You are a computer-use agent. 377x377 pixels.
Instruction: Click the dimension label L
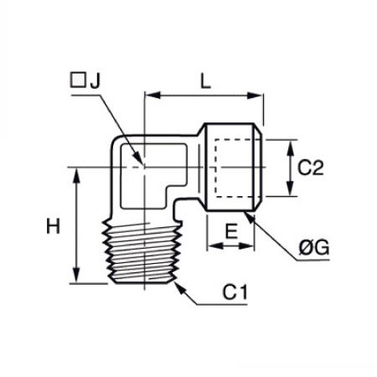click(206, 81)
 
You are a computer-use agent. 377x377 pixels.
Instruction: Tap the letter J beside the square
click(95, 81)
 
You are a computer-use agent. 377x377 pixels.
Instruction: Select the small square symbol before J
click(78, 80)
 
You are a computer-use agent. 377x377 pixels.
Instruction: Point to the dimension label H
click(53, 226)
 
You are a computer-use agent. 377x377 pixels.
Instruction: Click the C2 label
click(310, 168)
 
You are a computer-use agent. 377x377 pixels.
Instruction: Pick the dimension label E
click(231, 231)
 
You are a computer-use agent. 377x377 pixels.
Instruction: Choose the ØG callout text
click(314, 247)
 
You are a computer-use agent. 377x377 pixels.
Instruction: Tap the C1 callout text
click(235, 292)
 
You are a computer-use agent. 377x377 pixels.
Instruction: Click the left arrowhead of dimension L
click(153, 96)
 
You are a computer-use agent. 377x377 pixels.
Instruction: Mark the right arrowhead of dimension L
click(255, 96)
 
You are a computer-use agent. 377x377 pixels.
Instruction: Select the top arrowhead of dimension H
click(76, 176)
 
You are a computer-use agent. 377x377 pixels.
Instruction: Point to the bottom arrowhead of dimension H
click(76, 275)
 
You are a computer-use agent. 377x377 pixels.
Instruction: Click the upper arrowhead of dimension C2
click(291, 147)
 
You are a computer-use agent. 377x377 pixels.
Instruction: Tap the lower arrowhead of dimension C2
click(291, 188)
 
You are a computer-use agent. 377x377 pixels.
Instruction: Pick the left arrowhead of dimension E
click(215, 246)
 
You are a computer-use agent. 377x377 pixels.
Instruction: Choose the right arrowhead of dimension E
click(246, 246)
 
